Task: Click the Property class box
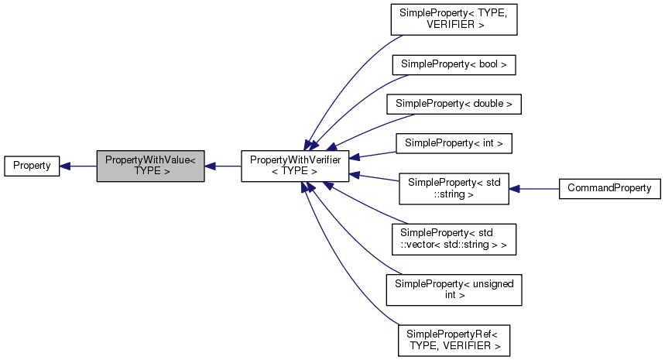32,166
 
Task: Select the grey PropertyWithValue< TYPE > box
150,166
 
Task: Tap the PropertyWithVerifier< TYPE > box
295,166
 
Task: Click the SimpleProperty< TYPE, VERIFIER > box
453,19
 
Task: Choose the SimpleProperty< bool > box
453,64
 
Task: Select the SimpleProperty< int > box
454,142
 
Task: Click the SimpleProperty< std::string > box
453,188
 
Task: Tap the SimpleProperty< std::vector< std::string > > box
453,238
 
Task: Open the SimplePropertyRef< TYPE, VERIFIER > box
453,340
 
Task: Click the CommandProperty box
609,188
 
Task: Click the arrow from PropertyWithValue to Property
77,166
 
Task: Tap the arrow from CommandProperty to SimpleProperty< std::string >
534,188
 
